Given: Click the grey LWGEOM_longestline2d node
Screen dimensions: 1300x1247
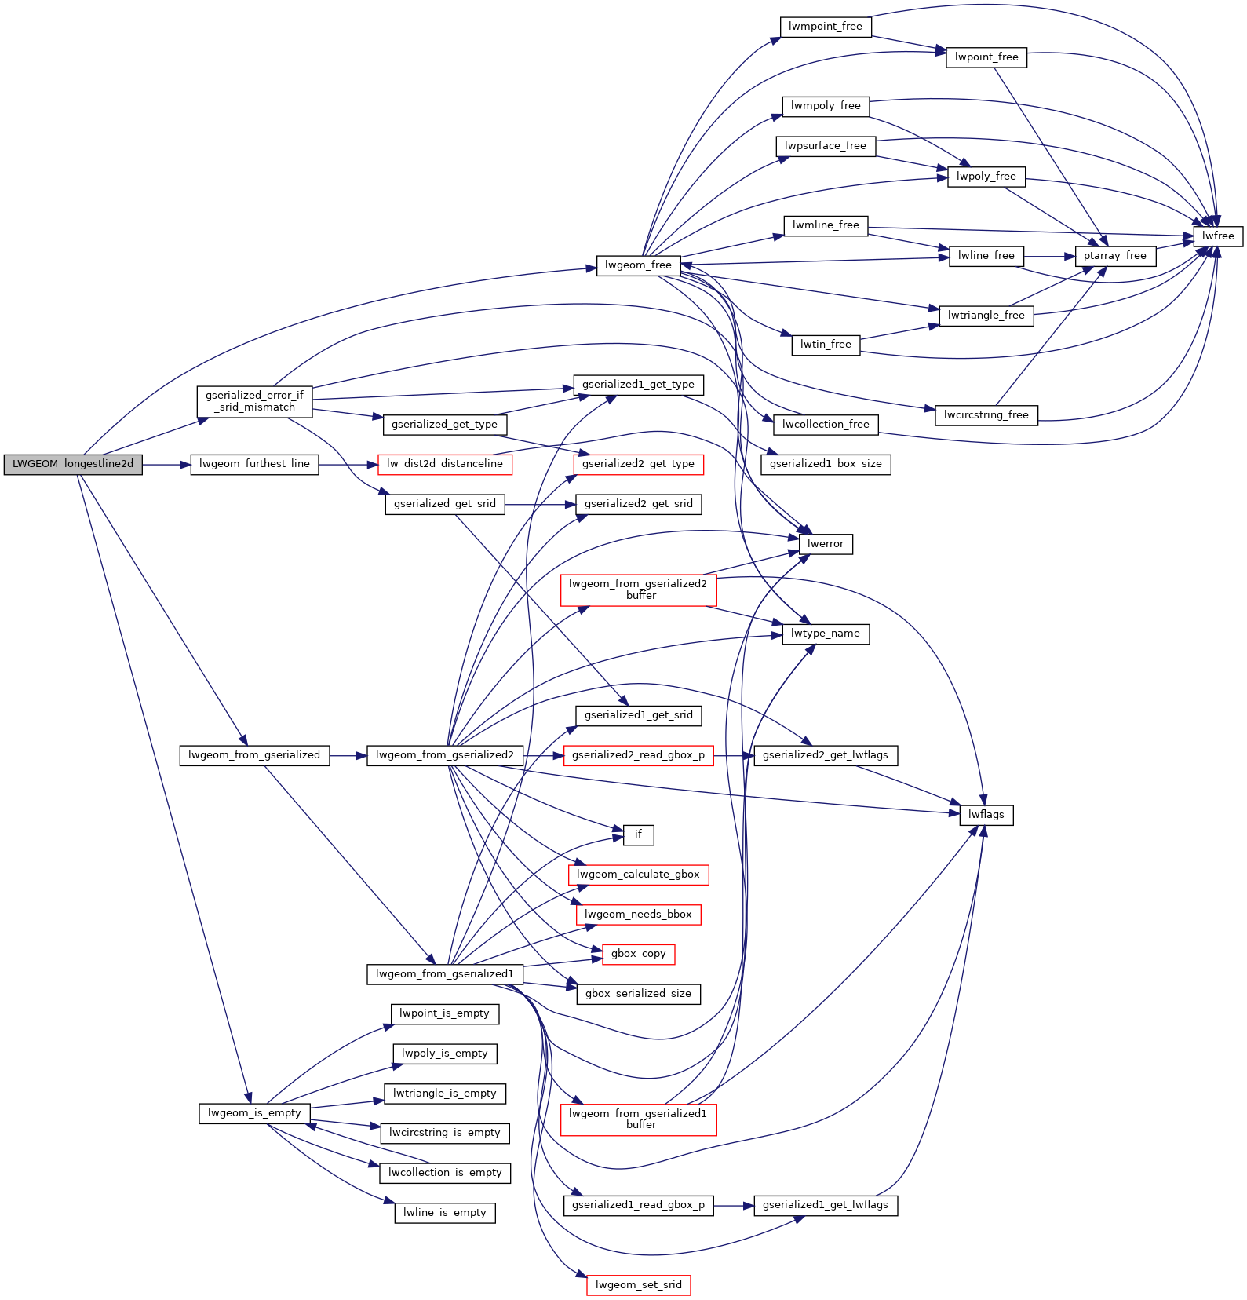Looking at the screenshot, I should coord(73,464).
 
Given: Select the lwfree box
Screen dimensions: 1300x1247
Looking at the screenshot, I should coord(1218,236).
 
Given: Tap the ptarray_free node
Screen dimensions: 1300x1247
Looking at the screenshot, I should coord(1114,256).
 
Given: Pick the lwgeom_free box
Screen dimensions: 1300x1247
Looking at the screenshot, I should coord(638,265).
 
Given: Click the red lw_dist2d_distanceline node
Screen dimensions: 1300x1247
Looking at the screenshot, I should coord(445,464).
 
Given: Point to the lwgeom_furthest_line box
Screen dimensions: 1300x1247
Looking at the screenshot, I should coord(254,464).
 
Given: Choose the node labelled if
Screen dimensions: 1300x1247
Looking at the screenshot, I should coord(638,834).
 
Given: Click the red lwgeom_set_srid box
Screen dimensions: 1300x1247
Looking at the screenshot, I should coord(638,1285).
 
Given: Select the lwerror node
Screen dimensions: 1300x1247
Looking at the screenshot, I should coord(826,544).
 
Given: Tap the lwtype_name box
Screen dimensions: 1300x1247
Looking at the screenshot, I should coord(826,634).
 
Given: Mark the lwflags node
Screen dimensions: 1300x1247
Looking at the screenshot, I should coord(986,815).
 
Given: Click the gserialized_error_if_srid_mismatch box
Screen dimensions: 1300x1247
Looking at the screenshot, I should coord(254,401).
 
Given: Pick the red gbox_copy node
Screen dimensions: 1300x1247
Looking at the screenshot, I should coord(638,954).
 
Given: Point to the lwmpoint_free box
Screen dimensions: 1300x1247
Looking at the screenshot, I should coord(826,27).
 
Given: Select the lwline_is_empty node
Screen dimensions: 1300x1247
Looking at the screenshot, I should coord(445,1213).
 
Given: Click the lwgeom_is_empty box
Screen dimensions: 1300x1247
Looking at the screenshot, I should coord(254,1113).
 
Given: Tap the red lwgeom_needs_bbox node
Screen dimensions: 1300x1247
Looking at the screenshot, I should coord(638,915).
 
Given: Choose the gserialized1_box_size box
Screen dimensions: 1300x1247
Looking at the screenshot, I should coord(826,464).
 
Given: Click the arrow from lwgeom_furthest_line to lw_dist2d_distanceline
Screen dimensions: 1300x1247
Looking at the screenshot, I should coord(348,465).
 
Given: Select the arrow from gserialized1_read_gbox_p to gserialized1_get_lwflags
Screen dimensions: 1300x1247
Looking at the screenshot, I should coord(734,1206).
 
